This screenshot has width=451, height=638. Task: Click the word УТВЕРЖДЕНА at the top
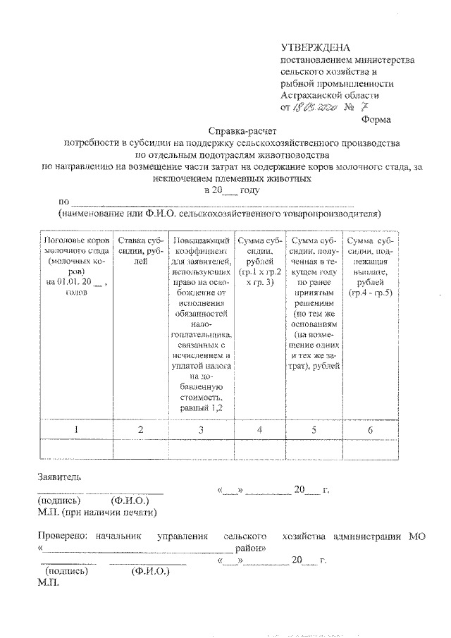click(315, 47)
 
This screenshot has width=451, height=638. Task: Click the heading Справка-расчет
click(243, 131)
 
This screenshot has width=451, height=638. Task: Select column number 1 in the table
click(75, 429)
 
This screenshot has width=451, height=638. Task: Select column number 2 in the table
click(141, 429)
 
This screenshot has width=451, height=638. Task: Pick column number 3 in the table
click(201, 429)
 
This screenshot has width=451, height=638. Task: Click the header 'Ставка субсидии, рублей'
click(141, 251)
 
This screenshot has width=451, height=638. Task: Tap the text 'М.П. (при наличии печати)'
click(97, 513)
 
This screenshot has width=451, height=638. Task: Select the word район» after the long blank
click(250, 547)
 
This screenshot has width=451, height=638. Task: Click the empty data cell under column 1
click(75, 448)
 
